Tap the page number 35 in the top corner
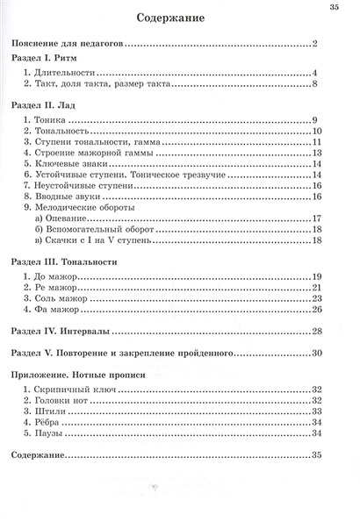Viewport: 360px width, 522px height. pos(334,8)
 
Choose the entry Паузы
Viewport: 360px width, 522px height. pos(55,433)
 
